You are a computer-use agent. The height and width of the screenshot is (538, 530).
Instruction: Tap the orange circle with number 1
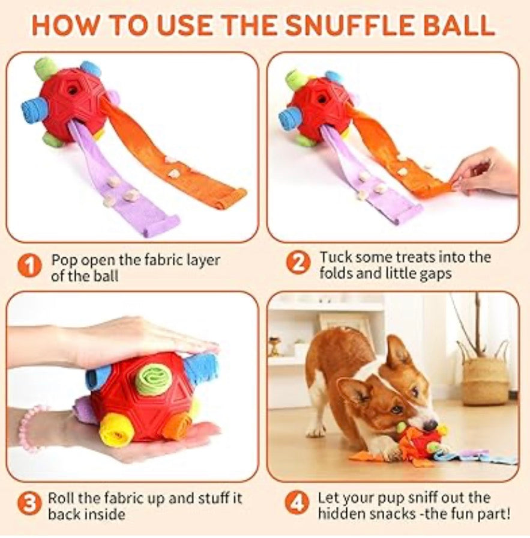coord(29,265)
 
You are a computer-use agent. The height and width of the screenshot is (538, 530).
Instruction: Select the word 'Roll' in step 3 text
coord(62,498)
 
